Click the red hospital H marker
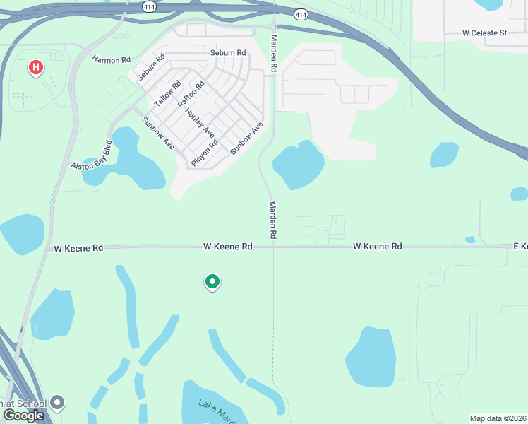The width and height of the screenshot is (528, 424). [35, 68]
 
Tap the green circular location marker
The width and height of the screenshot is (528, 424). [212, 283]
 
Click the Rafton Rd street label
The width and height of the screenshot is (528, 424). [191, 94]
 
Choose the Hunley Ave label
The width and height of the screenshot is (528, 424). [200, 122]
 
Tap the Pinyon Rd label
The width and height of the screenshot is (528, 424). [204, 152]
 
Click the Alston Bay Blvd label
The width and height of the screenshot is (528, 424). [92, 157]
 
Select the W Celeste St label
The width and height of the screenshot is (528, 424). [485, 33]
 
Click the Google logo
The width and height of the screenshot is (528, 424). [23, 416]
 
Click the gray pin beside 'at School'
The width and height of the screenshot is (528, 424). [58, 403]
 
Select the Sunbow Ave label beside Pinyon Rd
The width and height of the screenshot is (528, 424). [246, 138]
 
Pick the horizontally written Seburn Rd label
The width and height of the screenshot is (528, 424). [228, 53]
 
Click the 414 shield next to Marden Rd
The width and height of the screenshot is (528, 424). [301, 14]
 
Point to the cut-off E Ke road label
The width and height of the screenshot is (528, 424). [520, 247]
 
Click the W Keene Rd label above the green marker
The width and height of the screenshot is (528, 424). [227, 247]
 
